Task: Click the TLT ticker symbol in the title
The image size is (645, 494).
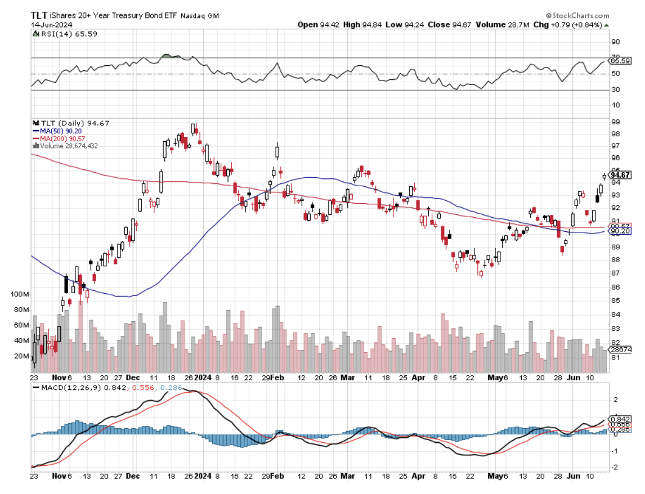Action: [x=38, y=16]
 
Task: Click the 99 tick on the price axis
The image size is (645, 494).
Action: [x=615, y=122]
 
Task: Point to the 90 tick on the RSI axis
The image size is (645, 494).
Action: [x=615, y=42]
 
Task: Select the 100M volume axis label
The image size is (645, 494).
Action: [x=19, y=294]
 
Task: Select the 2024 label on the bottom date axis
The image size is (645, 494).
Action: [x=202, y=477]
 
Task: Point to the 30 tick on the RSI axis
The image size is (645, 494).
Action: [x=615, y=89]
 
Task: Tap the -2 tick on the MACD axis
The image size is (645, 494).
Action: [x=615, y=468]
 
